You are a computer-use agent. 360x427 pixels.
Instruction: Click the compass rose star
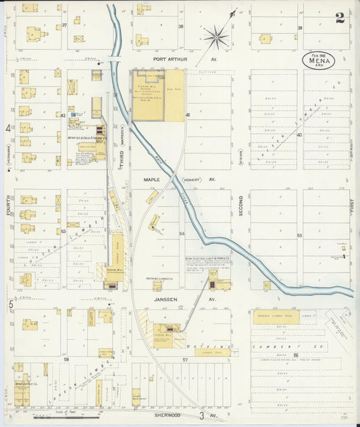point(216,36)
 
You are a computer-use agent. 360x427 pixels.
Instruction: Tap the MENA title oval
point(318,61)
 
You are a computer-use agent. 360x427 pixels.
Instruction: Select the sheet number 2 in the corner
point(340,18)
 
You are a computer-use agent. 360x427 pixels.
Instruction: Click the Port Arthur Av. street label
point(174,59)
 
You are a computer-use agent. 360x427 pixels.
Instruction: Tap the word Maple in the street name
point(151,180)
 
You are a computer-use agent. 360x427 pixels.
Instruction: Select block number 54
point(182,234)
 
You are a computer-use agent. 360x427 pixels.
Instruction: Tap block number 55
point(299,235)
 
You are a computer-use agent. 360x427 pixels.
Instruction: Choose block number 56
point(296,354)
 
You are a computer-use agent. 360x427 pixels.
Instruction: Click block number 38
point(180,26)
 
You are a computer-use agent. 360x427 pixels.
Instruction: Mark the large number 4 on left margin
point(9,128)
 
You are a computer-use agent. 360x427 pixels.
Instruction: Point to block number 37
point(64,26)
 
